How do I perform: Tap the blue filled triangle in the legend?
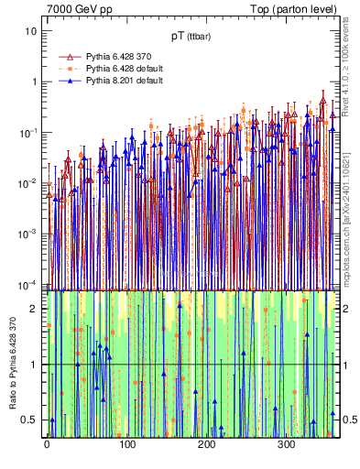pyautogui.click(x=64, y=81)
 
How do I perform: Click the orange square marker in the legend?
pyautogui.click(x=64, y=69)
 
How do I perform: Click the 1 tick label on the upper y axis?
pyautogui.click(x=34, y=82)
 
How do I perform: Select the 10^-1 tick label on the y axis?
pyautogui.click(x=29, y=133)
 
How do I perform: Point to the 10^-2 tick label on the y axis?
pyautogui.click(x=29, y=184)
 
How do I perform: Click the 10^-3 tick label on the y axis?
pyautogui.click(x=29, y=235)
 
